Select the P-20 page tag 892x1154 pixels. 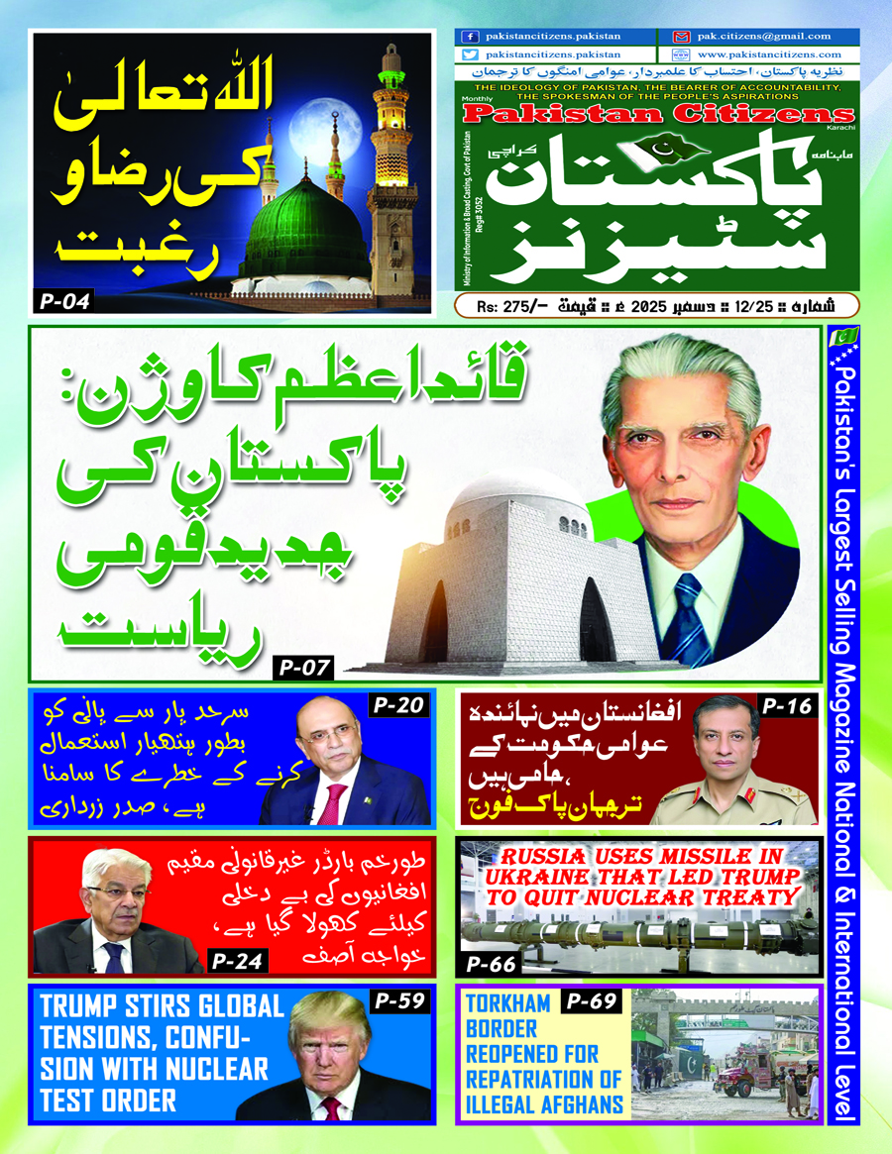(398, 706)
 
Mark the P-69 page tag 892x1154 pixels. (591, 1002)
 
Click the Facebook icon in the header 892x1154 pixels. (470, 37)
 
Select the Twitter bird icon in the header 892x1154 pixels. (470, 55)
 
